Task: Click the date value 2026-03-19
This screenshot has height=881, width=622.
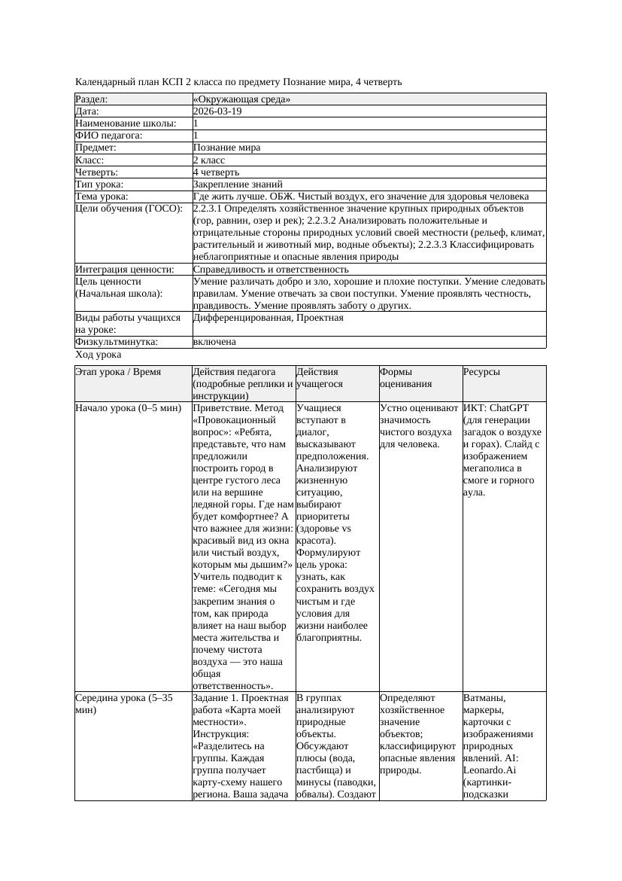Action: tap(217, 111)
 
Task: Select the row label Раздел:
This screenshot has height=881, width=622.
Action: tap(92, 99)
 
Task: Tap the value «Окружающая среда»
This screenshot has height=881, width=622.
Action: tap(241, 99)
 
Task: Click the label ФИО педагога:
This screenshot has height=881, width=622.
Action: tap(109, 136)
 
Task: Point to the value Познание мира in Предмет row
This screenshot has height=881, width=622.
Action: tap(226, 148)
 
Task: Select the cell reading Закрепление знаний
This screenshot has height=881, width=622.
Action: tap(238, 184)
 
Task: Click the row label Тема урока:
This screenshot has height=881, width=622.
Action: tap(102, 196)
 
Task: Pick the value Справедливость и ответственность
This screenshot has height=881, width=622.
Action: tap(271, 269)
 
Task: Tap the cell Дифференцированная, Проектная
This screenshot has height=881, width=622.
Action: tap(268, 318)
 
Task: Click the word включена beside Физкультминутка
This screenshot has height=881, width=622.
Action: tap(214, 342)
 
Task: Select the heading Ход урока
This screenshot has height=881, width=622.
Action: tap(99, 354)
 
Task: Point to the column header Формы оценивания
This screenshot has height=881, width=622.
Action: tap(405, 377)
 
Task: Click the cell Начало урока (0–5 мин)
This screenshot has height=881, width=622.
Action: tap(128, 408)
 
